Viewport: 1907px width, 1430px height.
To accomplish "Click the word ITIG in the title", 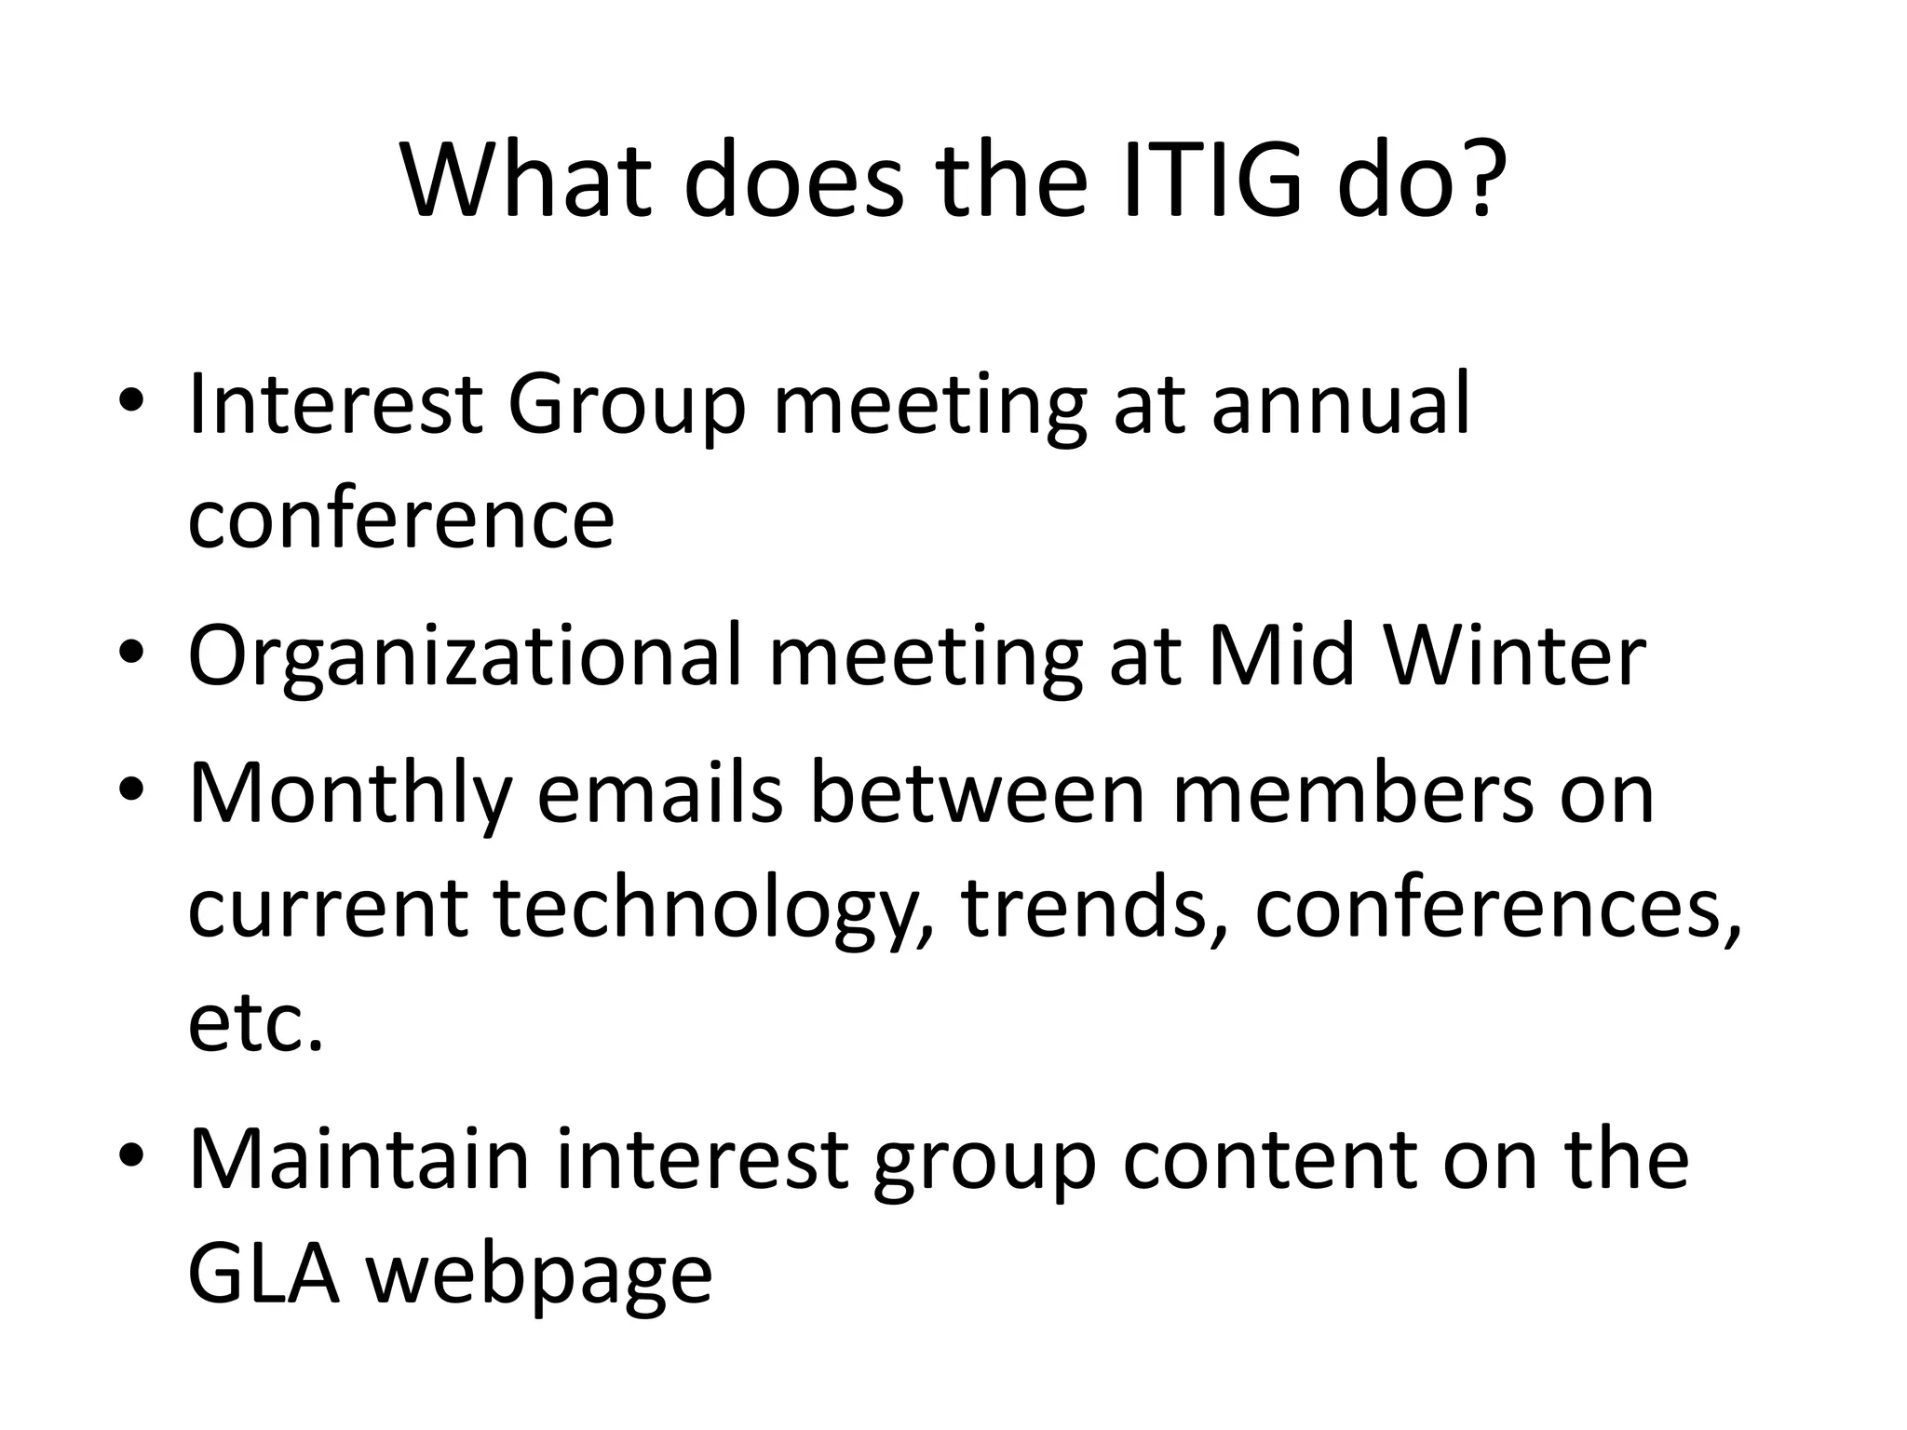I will coord(1211,179).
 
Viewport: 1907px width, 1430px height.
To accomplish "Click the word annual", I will coord(1340,403).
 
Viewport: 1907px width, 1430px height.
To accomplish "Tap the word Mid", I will coord(1279,655).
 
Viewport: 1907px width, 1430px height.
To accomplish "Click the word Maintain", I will coord(358,1160).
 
